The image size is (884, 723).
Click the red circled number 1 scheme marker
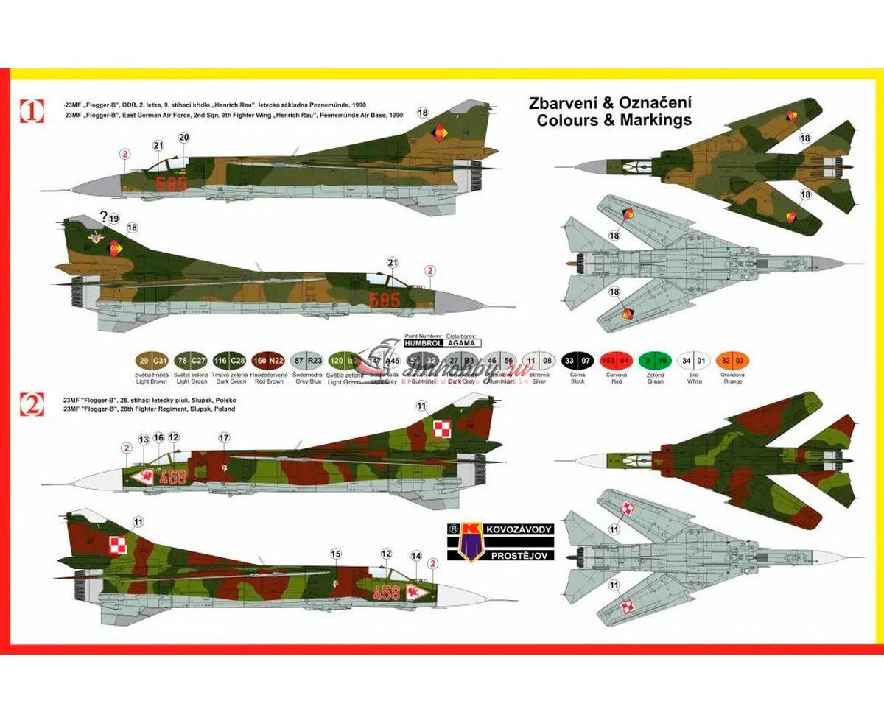pos(32,112)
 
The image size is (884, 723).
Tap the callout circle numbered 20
pos(184,137)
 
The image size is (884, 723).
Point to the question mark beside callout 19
pos(104,216)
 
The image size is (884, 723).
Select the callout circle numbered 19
pos(113,219)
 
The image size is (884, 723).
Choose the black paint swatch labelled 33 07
pos(578,361)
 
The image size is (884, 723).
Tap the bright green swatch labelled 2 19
pos(655,361)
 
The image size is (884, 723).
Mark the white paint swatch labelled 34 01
pos(694,361)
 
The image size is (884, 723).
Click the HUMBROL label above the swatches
pos(423,343)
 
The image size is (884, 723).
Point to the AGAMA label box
pos(463,343)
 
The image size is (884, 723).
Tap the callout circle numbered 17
pos(224,437)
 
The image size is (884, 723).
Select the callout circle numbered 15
pos(336,554)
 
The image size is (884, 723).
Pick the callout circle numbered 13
pos(144,439)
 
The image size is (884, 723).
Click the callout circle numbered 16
pos(158,437)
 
